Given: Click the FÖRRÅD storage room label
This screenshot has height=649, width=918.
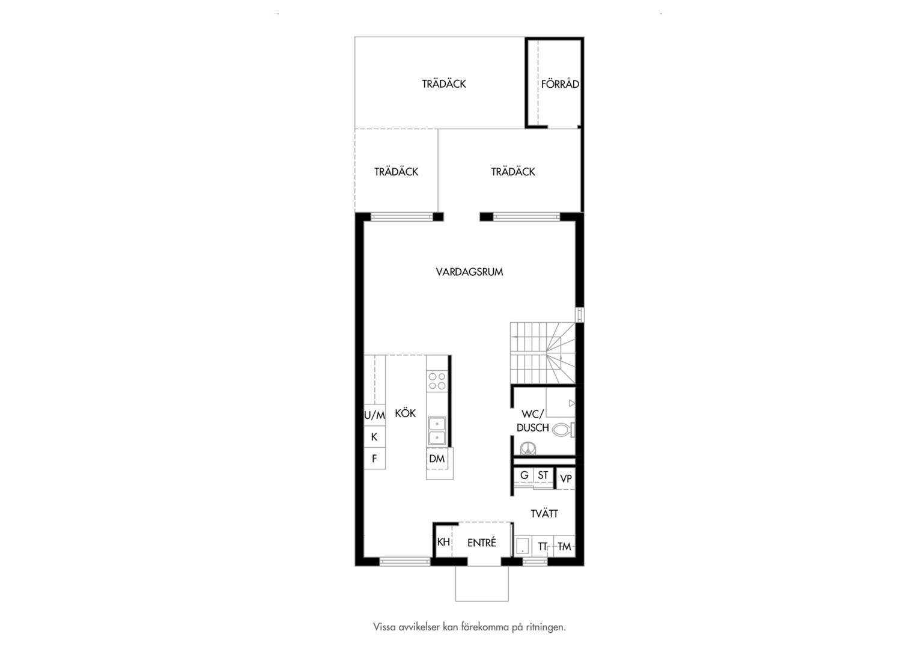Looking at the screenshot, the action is (560, 84).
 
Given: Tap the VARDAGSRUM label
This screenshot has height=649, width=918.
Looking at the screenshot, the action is (469, 272).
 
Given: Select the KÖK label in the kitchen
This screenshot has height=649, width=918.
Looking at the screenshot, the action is (406, 413).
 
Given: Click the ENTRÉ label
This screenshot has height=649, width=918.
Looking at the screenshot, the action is (482, 542).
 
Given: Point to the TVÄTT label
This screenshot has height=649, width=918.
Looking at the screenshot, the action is (544, 513).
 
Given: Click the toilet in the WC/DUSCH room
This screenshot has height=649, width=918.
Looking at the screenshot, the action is (564, 430).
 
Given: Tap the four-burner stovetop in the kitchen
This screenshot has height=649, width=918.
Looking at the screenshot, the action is (437, 381).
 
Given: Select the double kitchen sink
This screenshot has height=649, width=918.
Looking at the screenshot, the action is (437, 431).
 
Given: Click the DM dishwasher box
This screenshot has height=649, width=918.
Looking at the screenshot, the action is (437, 459).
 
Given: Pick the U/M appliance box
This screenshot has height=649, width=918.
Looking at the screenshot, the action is (374, 415).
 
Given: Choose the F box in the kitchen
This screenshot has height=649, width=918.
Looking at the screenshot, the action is (374, 459).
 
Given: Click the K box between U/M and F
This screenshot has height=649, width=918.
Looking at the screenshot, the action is (374, 437).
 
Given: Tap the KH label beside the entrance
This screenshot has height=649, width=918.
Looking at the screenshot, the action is (443, 541).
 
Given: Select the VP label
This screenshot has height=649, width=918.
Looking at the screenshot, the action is (566, 478).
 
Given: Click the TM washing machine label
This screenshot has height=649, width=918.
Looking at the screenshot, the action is (564, 546).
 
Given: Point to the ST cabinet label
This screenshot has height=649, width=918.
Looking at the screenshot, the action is (543, 475).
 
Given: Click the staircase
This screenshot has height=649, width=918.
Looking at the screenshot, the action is (543, 353).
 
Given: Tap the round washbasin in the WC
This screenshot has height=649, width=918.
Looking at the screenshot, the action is (529, 448).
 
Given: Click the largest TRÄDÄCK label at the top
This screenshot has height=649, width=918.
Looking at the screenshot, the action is (444, 84).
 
